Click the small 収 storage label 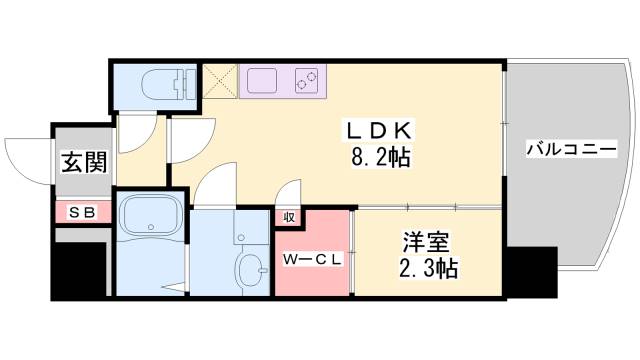click(287, 215)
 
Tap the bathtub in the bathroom click(149, 215)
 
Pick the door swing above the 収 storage click(289, 192)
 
